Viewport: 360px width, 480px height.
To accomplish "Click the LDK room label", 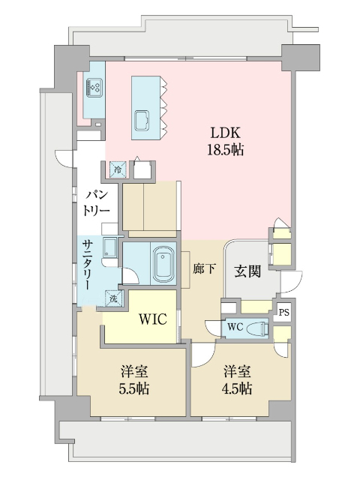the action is coord(225,133).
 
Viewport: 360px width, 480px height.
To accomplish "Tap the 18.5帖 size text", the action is coord(226,150).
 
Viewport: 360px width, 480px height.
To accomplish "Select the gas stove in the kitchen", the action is coord(94,85).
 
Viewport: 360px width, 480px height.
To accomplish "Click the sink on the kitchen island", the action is coord(142,120).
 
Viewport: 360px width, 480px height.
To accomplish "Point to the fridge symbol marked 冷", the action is coord(118,169).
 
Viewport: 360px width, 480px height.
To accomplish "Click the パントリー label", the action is coord(96,203).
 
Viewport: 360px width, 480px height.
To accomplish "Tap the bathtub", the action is coord(163,264).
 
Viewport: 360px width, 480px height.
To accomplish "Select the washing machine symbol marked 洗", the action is coord(114,298).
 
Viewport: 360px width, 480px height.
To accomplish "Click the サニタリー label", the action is coord(87,265).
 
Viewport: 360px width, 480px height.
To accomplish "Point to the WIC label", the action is coord(153,319).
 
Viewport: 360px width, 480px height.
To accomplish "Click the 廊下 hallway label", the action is coord(204,268).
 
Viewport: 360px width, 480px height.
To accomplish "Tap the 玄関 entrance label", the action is coord(247,271).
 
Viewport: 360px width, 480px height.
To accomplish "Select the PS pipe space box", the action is coord(283,313).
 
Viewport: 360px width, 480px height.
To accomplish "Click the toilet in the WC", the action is coord(259,328).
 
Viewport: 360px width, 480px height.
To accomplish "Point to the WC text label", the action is coord(235,327).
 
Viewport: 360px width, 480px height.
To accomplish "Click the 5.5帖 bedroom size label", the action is coord(134,388).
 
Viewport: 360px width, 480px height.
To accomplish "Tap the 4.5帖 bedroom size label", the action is coord(237,388).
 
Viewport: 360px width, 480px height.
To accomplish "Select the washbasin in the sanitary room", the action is coord(110,247).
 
